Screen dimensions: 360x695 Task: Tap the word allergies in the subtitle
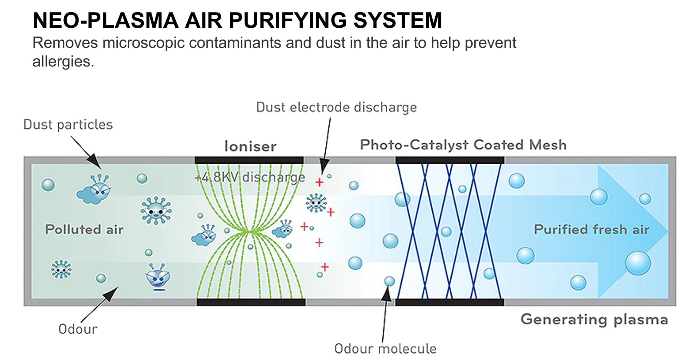(x=63, y=62)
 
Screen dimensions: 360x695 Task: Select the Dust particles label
(x=68, y=125)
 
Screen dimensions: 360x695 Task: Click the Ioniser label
(x=250, y=146)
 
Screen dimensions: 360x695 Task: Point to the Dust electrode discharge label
(x=336, y=107)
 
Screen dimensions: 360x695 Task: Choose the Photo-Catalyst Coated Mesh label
(x=463, y=145)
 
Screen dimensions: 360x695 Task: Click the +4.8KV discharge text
(x=250, y=177)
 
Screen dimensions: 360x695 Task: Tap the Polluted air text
(x=84, y=229)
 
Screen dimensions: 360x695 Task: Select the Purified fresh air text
(x=591, y=229)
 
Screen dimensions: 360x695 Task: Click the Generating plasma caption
(x=594, y=320)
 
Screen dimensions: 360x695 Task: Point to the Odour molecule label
(x=385, y=348)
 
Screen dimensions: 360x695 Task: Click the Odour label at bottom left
(x=78, y=329)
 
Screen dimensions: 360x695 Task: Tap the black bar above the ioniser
(x=249, y=160)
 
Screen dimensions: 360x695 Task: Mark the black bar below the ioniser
(x=251, y=302)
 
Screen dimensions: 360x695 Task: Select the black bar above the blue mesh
(x=450, y=160)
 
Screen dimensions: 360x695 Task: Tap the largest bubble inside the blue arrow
(x=638, y=263)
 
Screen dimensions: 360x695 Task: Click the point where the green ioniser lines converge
(x=248, y=231)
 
